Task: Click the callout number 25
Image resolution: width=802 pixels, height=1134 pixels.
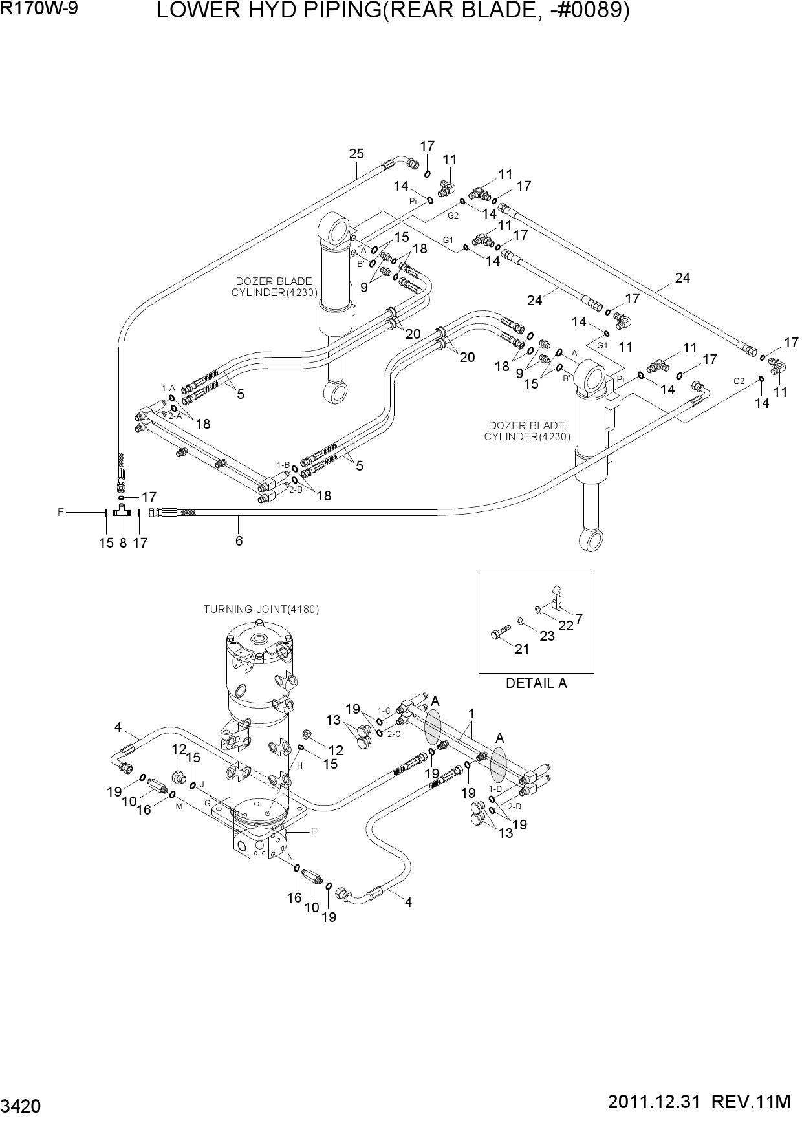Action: tap(356, 154)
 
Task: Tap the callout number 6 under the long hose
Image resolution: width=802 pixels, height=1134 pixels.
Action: tap(239, 540)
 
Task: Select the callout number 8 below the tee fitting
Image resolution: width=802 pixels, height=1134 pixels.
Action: tap(123, 543)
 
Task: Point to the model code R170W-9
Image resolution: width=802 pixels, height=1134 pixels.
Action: tap(39, 9)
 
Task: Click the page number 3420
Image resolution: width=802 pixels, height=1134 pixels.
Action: tap(21, 1107)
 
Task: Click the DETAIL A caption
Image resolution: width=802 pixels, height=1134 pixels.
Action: tap(536, 683)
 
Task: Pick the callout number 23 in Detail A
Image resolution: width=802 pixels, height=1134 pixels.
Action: tap(547, 636)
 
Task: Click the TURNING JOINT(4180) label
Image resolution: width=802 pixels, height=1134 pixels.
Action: tap(261, 609)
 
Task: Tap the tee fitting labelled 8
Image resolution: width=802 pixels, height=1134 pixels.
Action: tap(122, 512)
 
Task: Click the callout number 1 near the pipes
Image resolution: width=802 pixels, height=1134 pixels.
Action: tap(472, 714)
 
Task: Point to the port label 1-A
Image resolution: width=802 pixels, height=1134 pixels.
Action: tap(168, 388)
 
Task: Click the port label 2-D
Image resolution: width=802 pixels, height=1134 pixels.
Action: tap(515, 806)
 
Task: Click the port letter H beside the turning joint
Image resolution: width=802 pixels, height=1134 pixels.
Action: tap(300, 766)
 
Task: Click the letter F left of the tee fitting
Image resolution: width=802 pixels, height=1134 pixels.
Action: tap(61, 512)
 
